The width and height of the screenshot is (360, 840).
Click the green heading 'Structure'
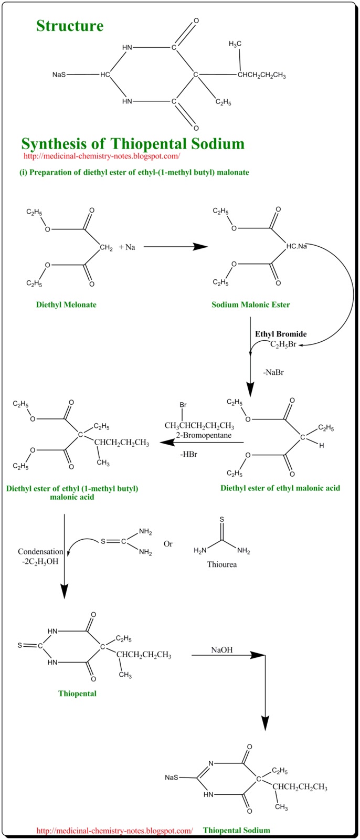pos(70,26)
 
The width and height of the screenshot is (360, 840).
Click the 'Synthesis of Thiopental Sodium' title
pos(133,143)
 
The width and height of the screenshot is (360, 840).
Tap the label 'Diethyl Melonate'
pos(66,304)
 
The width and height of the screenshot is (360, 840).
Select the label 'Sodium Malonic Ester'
pos(251,304)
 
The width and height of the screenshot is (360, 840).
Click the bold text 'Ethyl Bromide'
pos(281,334)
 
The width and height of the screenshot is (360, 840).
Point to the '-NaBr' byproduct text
pos(273,372)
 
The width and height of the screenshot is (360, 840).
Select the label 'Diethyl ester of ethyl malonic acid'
pos(280,488)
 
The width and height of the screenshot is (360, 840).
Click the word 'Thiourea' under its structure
pos(221,565)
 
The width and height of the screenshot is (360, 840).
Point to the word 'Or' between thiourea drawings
pos(168,544)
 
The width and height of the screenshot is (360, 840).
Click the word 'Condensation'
pos(40,552)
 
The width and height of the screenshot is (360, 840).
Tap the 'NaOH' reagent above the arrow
pos(222,650)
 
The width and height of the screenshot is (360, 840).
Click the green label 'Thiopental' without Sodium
pos(77,694)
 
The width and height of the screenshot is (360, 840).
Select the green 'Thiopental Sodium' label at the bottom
pos(237,831)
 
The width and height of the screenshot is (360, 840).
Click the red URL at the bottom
pos(115,831)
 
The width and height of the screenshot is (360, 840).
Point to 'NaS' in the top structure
pos(59,75)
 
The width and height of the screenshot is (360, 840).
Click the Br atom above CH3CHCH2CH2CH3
pos(183,405)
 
